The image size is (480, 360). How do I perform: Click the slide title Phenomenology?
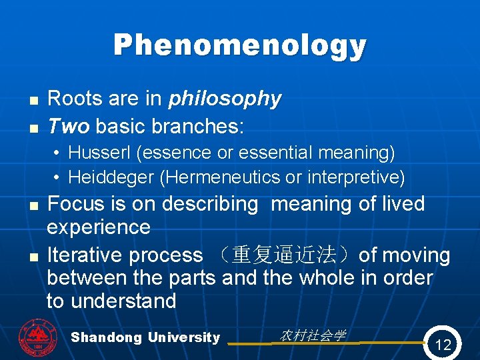pos(240,45)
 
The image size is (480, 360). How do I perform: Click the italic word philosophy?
pos(225,99)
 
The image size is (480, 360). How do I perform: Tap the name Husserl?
pos(100,153)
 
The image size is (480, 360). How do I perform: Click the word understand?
pos(123,301)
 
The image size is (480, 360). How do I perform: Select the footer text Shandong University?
pos(145,337)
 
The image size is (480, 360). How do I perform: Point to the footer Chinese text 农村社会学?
pos(313,335)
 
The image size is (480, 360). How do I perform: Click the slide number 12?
pos(443,345)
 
